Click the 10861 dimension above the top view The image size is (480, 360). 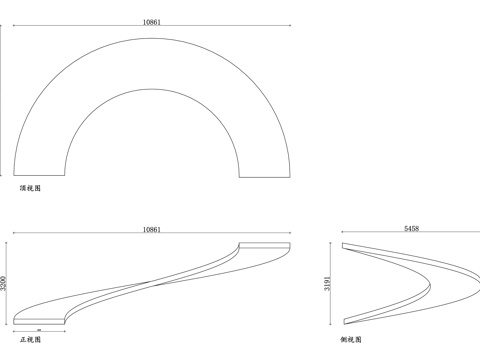152,22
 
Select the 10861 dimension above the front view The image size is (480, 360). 152,230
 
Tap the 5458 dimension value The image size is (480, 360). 411,229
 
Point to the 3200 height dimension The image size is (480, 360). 3,283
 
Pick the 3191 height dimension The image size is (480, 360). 328,283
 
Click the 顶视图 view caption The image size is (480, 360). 30,188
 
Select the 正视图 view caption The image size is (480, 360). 30,339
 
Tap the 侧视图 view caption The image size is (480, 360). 351,339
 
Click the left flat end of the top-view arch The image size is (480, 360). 39,175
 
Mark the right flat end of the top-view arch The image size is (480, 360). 265,177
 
